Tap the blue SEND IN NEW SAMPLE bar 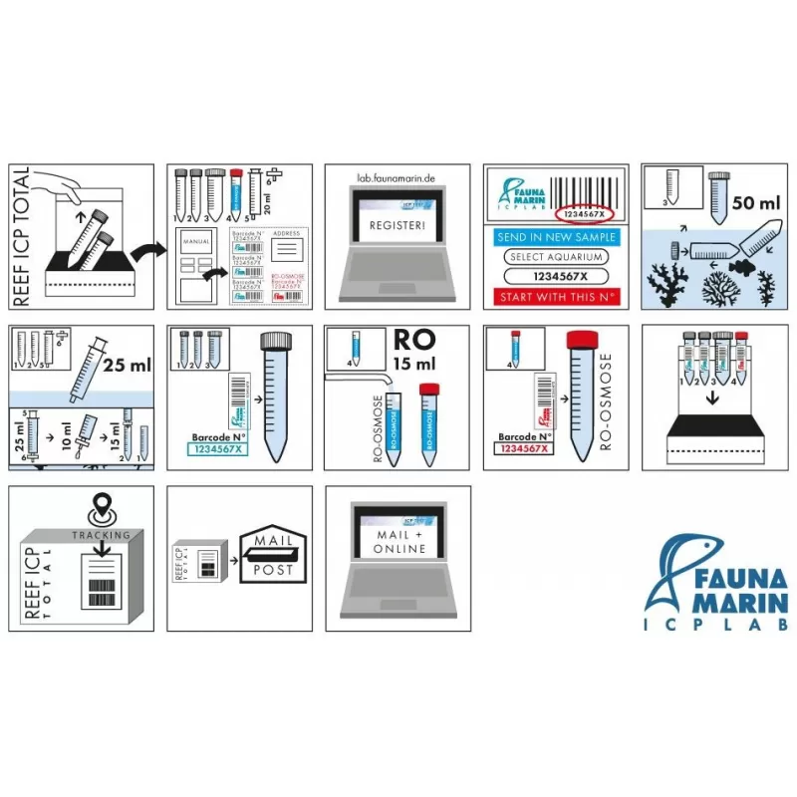coord(556,238)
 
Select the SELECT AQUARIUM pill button coord(556,257)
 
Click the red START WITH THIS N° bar coord(556,297)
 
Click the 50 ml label coord(755,202)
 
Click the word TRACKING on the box coord(101,535)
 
